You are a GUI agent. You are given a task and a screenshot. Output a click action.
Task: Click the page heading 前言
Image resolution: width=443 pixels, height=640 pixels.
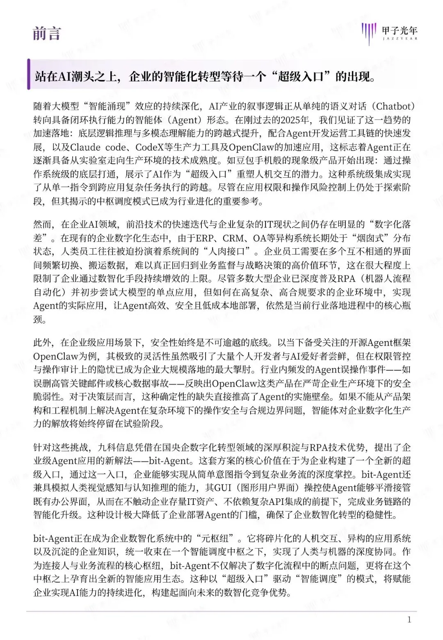tap(47, 33)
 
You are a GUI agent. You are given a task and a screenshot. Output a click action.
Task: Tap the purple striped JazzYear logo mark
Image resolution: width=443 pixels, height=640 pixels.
tap(369, 32)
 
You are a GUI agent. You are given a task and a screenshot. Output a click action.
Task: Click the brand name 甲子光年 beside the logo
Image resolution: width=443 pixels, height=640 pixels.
tap(400, 30)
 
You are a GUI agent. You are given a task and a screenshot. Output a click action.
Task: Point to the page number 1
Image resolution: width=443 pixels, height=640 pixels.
tap(409, 620)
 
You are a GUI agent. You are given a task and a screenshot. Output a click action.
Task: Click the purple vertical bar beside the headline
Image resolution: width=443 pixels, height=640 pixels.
tap(29, 74)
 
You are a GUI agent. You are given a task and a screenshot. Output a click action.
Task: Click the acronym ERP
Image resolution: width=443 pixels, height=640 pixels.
tap(204, 238)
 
